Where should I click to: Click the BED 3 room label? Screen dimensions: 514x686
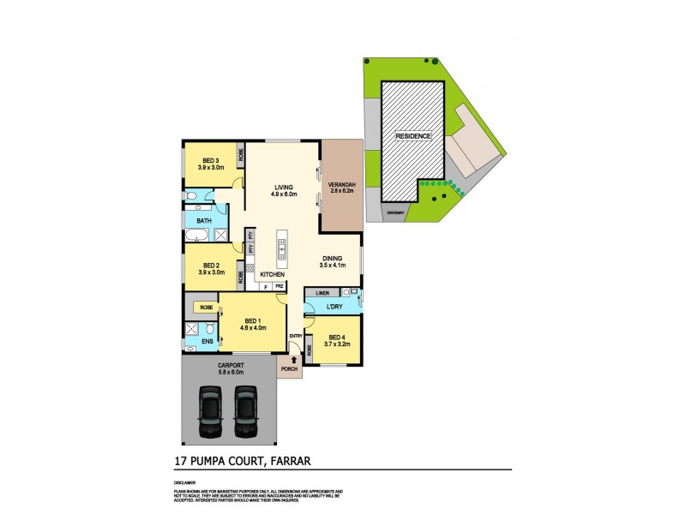pos(211,164)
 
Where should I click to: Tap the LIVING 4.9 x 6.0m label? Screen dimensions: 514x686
pos(284,190)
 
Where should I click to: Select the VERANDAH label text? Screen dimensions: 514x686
pos(342,187)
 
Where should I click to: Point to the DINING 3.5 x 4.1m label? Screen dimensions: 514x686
pos(333,261)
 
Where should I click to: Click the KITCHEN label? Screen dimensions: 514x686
pos(261,274)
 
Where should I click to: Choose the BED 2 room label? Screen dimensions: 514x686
pos(211,268)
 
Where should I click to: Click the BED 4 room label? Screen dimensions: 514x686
pos(339,340)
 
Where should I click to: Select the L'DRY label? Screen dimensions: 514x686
pos(335,307)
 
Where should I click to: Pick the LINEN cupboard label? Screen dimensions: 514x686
pos(322,292)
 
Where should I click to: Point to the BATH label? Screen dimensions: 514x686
pos(204,221)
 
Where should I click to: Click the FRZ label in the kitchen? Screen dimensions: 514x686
pos(279,285)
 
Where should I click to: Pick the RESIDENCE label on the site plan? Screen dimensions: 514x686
pos(412,136)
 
